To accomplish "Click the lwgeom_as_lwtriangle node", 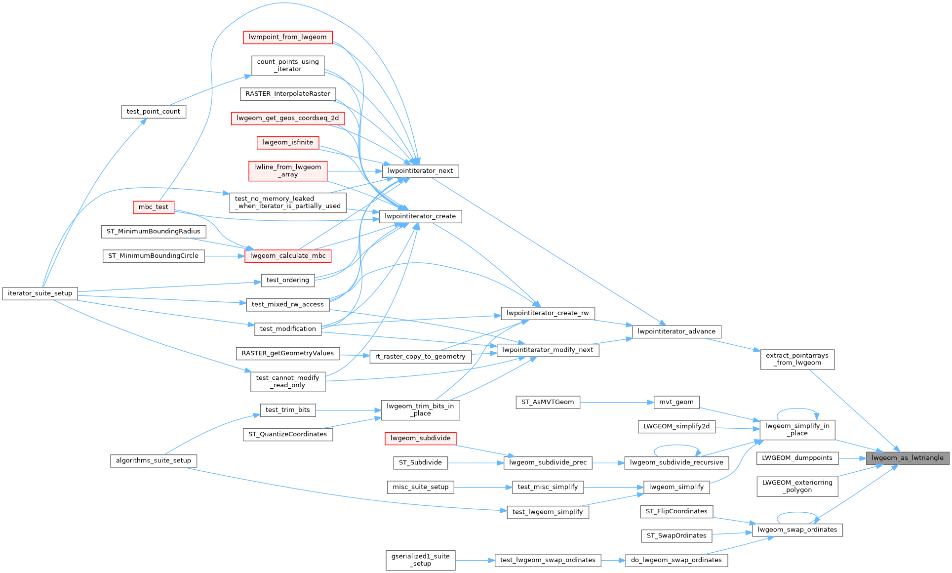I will coord(907,458).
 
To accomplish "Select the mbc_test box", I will coord(154,207).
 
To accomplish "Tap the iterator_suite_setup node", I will coord(40,293).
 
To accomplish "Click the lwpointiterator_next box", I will coord(420,171).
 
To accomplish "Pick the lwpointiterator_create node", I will coord(420,216).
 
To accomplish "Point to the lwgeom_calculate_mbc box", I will coord(288,256).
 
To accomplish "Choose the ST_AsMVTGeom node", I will coord(548,402).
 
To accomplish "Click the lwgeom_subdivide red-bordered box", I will coord(420,438).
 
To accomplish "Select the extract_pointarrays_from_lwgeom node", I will coord(797,359).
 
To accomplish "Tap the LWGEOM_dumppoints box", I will coord(797,458).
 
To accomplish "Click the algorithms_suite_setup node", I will coord(154,460).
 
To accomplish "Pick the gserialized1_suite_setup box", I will coord(420,560).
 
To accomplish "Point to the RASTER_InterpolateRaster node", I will coord(288,94).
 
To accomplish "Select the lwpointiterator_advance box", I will coord(676,331).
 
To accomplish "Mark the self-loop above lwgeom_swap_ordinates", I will coord(797,513).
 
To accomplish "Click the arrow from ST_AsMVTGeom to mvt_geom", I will coord(617,402).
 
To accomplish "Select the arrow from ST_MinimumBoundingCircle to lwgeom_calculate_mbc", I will coord(225,256).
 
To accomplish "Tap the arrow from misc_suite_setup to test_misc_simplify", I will coord(483,487).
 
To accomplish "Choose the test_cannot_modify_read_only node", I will coord(288,381).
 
